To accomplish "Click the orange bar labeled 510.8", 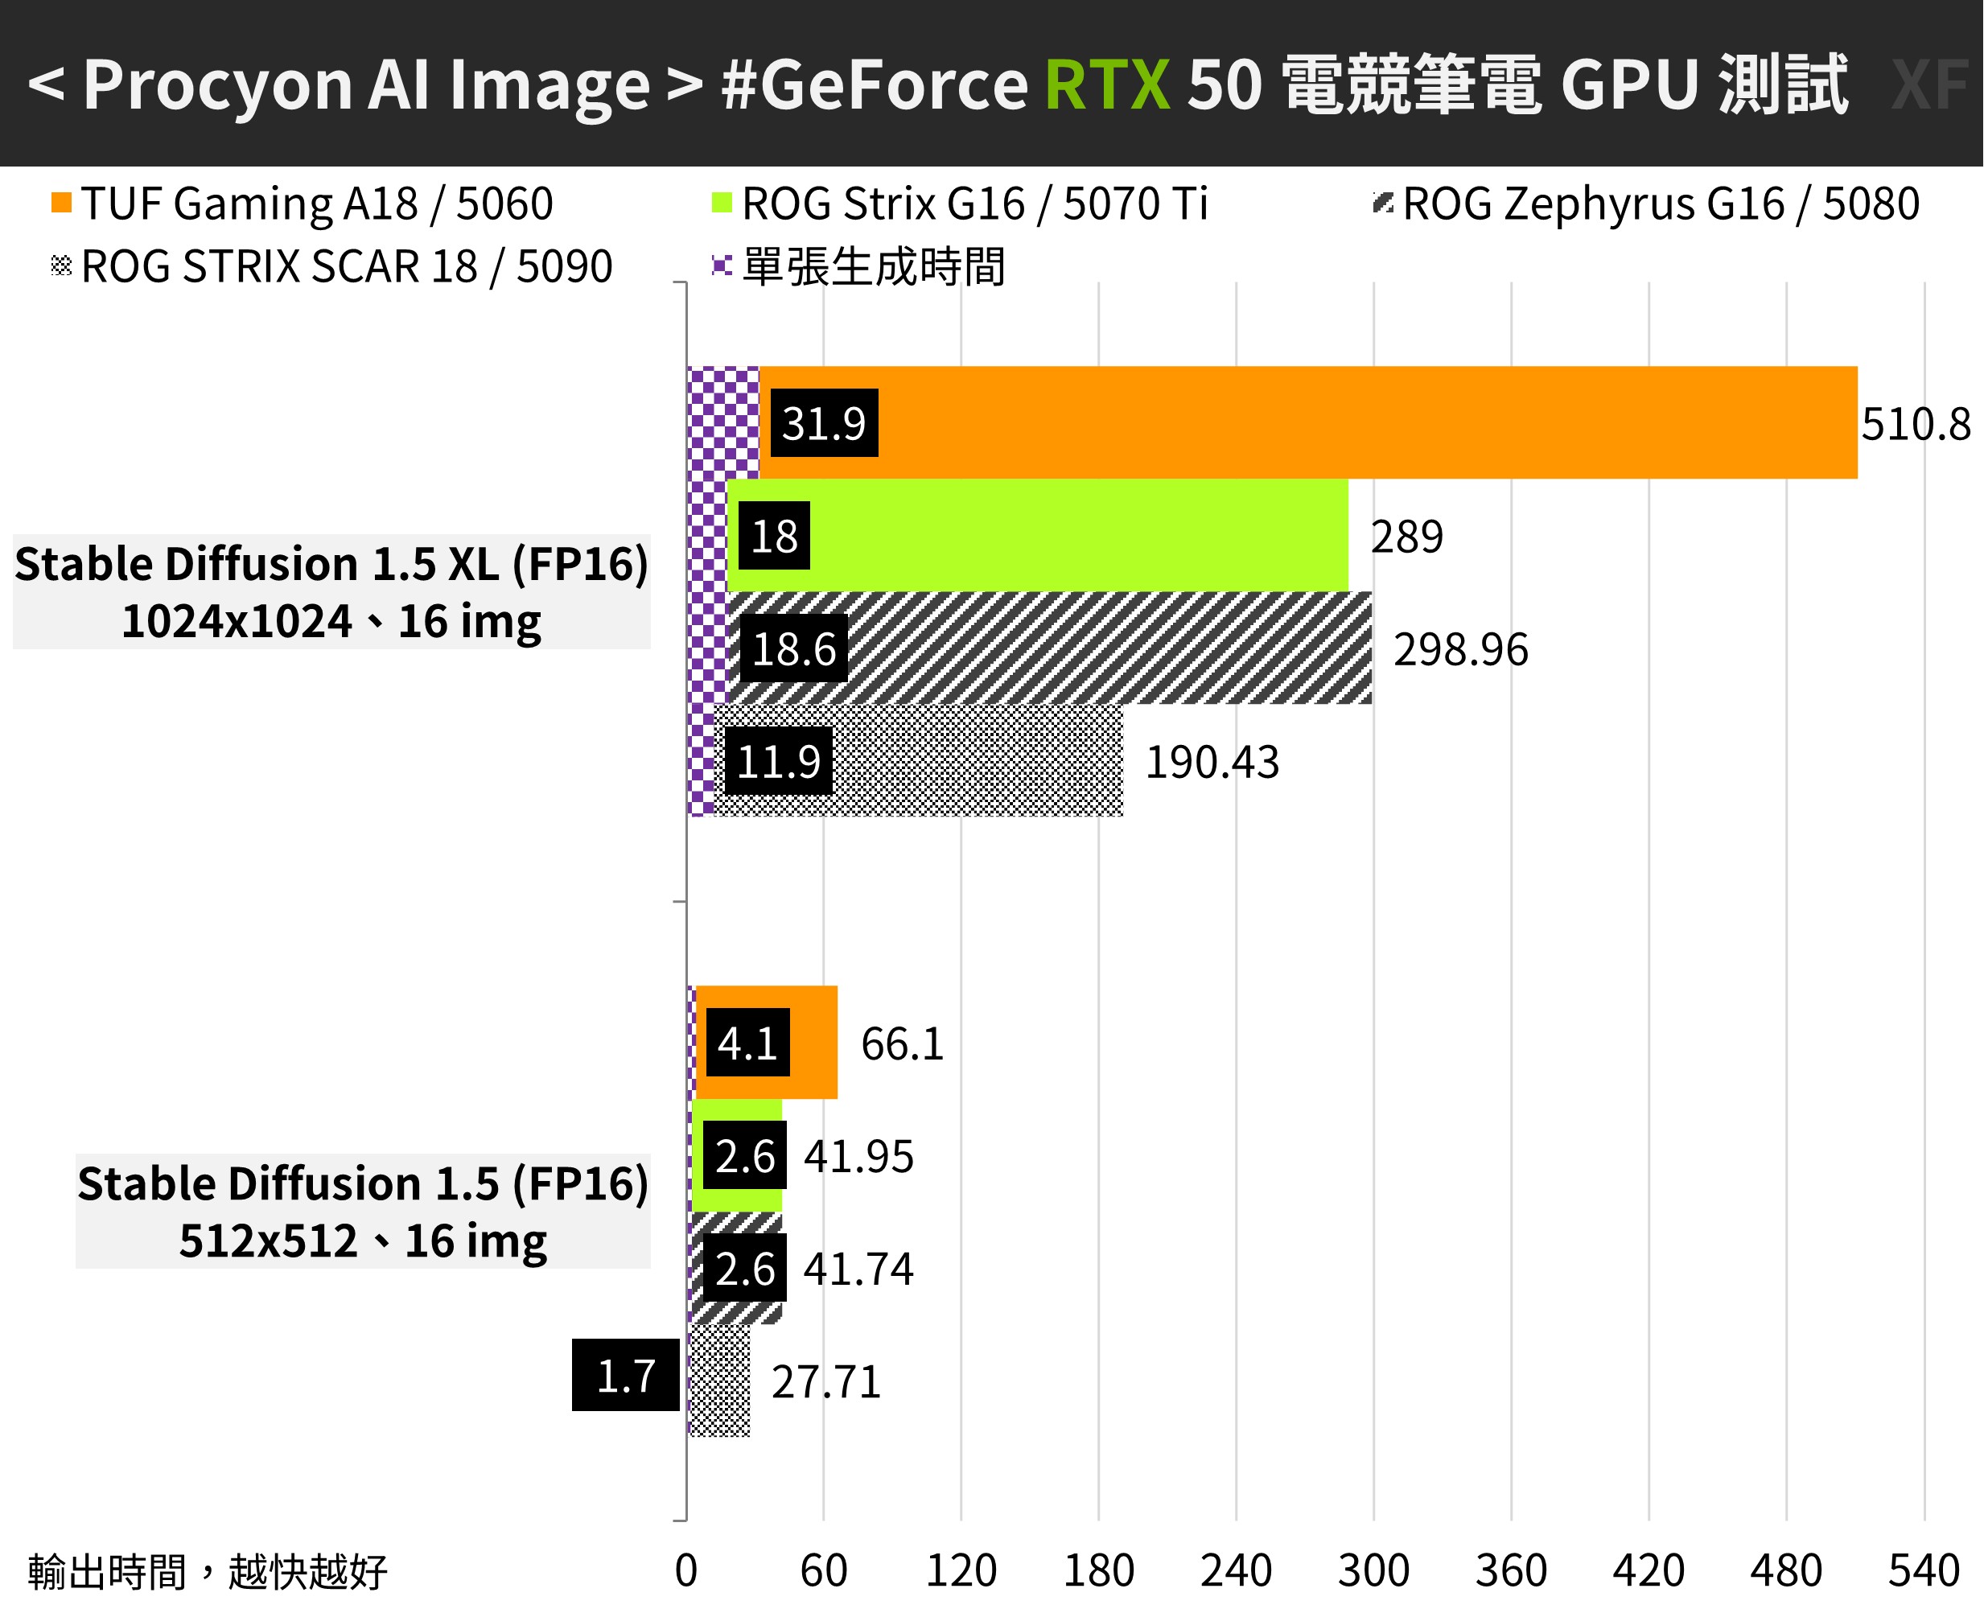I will click(1298, 422).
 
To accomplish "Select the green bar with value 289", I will click(1066, 536).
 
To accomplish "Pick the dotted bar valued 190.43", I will click(973, 761).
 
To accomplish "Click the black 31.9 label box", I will click(824, 423).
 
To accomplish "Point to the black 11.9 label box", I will click(779, 762).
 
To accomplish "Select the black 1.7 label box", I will click(625, 1376).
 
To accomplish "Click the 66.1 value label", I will click(902, 1044).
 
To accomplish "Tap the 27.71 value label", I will click(825, 1382).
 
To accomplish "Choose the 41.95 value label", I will click(858, 1157).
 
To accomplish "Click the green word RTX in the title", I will click(1107, 85).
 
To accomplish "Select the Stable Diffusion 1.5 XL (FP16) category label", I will click(331, 565).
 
